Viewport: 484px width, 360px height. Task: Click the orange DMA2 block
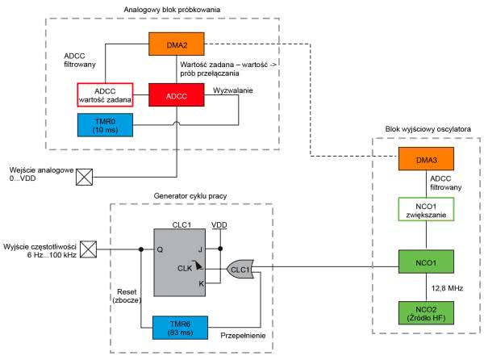(176, 44)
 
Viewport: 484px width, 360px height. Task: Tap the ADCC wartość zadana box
(106, 94)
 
